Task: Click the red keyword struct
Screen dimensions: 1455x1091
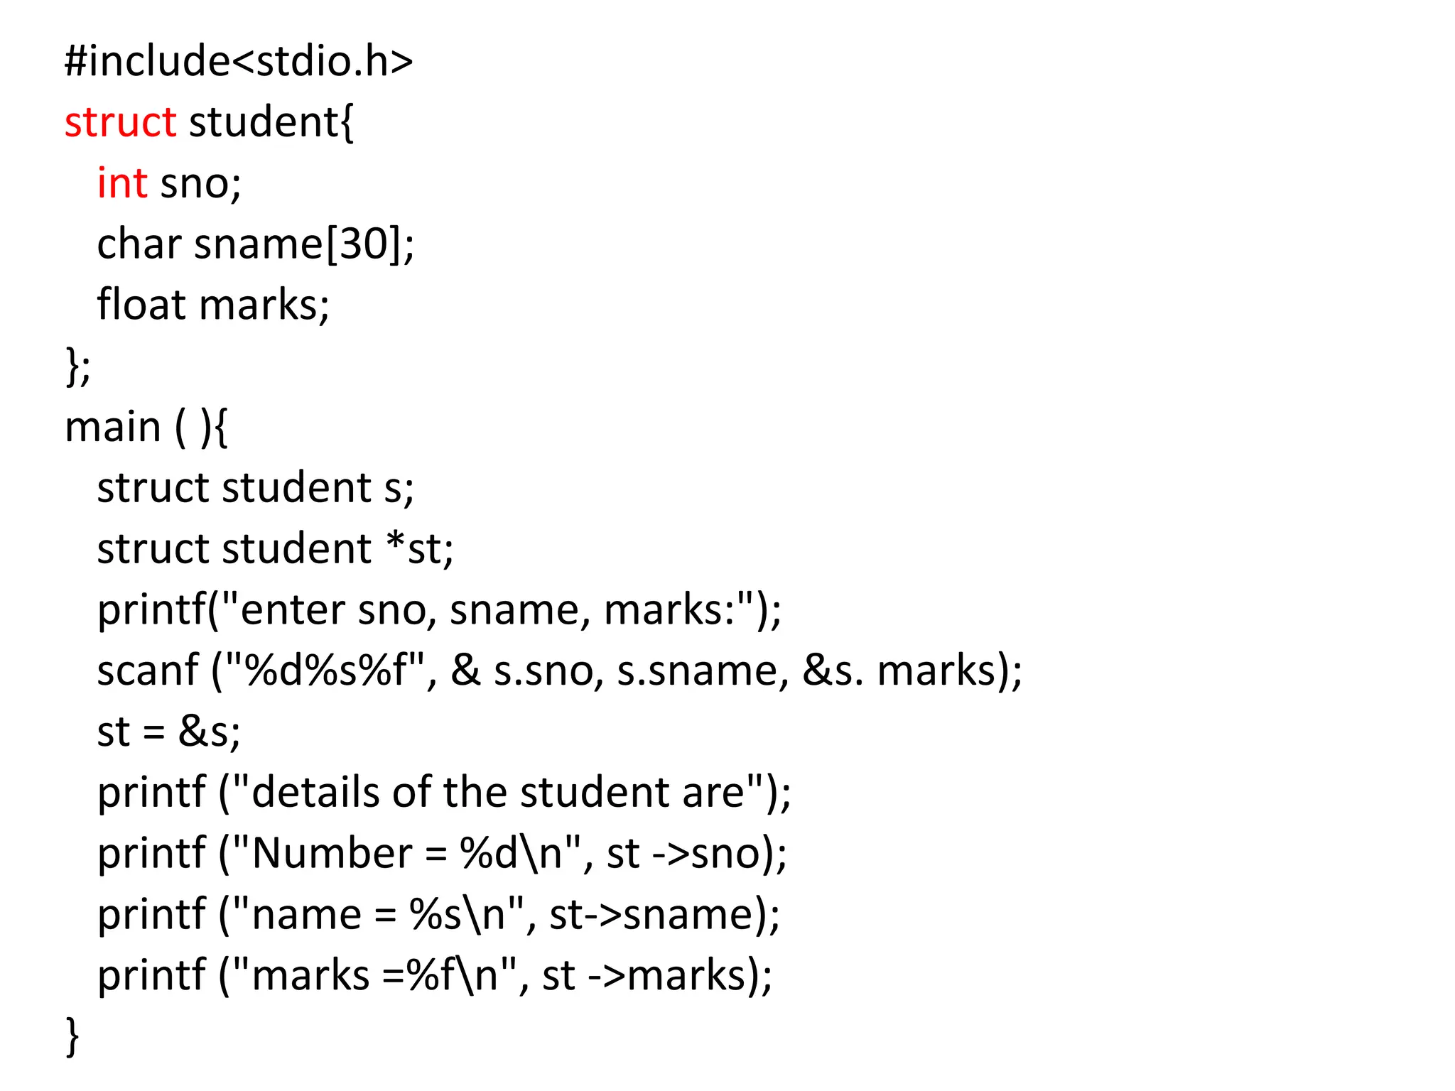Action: [x=120, y=122]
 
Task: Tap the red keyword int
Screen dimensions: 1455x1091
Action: [x=122, y=183]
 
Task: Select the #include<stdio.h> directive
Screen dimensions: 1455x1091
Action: [x=239, y=61]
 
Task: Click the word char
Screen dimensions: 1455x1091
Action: [x=139, y=244]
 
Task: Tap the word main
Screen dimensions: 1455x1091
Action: [x=113, y=428]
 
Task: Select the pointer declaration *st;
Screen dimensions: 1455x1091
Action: [x=420, y=549]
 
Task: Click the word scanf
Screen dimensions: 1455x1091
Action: [x=148, y=671]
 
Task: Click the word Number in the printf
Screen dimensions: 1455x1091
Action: [x=332, y=853]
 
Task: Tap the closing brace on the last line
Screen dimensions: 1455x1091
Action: [x=72, y=1037]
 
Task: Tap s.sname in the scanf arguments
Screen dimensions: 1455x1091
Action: [x=697, y=671]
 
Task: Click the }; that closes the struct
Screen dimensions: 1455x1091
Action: [x=77, y=367]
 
